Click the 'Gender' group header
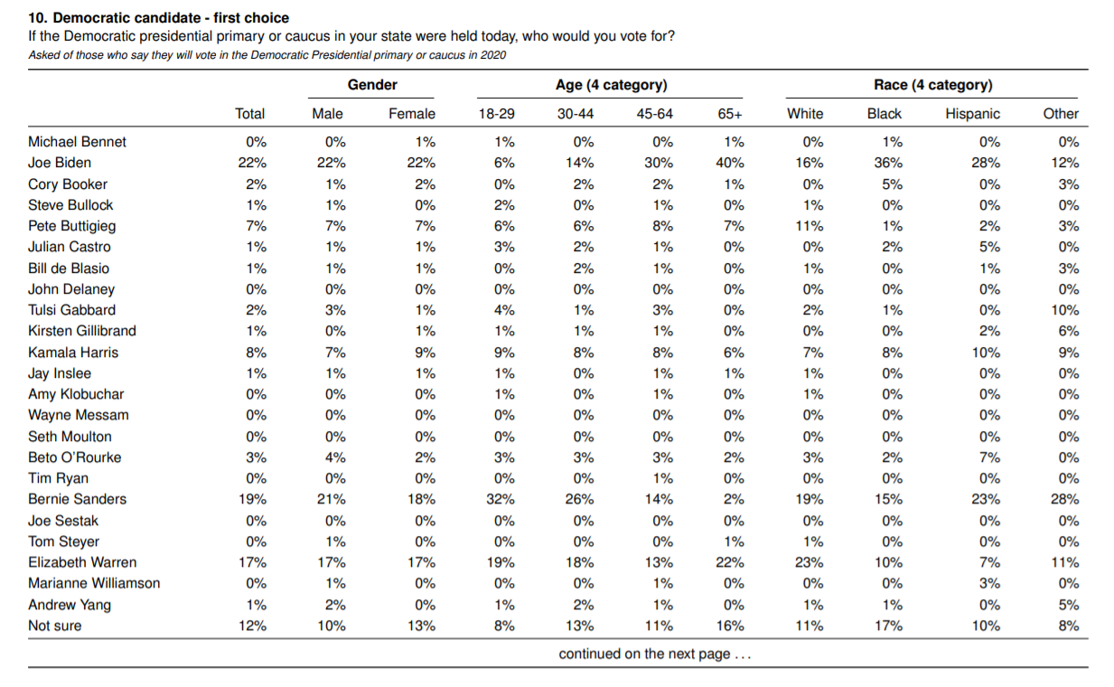click(372, 85)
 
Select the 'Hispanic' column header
click(972, 114)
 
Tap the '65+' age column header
click(730, 114)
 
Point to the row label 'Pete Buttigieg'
click(71, 226)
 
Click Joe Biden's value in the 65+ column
click(730, 163)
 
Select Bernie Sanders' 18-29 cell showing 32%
click(501, 499)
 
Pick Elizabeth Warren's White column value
click(809, 562)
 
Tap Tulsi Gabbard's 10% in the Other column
click(1065, 310)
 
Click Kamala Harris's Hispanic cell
click(986, 353)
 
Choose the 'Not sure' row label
click(55, 626)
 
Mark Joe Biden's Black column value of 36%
click(888, 163)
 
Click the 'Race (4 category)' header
click(933, 85)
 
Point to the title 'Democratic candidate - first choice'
click(171, 18)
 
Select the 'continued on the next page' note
click(654, 654)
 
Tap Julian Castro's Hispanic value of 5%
click(989, 248)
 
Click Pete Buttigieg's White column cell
click(809, 226)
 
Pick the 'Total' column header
click(249, 114)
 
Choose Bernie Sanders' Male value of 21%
click(332, 499)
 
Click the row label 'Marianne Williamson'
click(94, 583)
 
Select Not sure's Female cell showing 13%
click(421, 626)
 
